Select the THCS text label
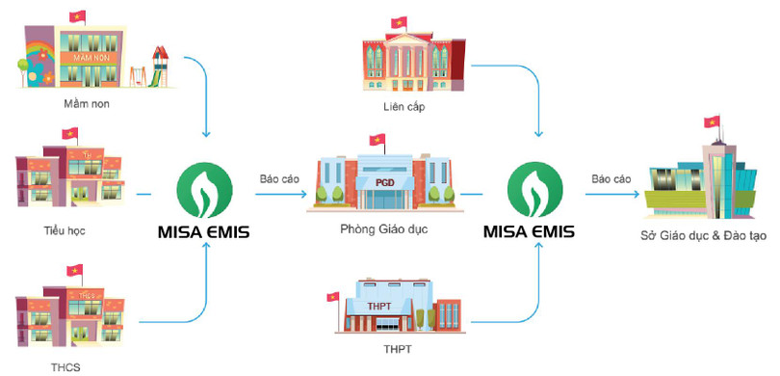click(63, 365)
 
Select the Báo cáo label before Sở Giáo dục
click(611, 178)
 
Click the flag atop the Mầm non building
click(78, 16)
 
